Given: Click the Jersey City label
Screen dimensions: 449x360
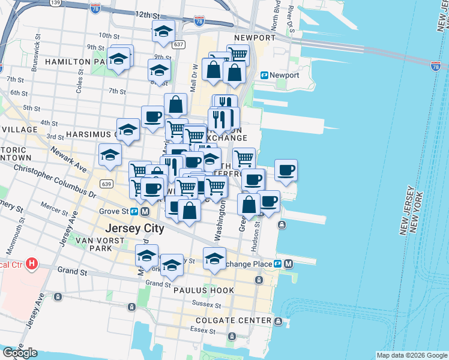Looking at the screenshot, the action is [139, 228].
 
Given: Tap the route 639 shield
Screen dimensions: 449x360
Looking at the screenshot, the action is [106, 184].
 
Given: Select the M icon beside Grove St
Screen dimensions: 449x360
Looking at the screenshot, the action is [146, 211].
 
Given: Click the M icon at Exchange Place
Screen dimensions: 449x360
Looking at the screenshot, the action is [289, 263].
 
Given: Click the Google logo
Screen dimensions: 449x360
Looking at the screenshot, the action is [19, 352].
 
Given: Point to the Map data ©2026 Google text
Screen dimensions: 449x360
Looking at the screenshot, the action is [411, 355].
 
